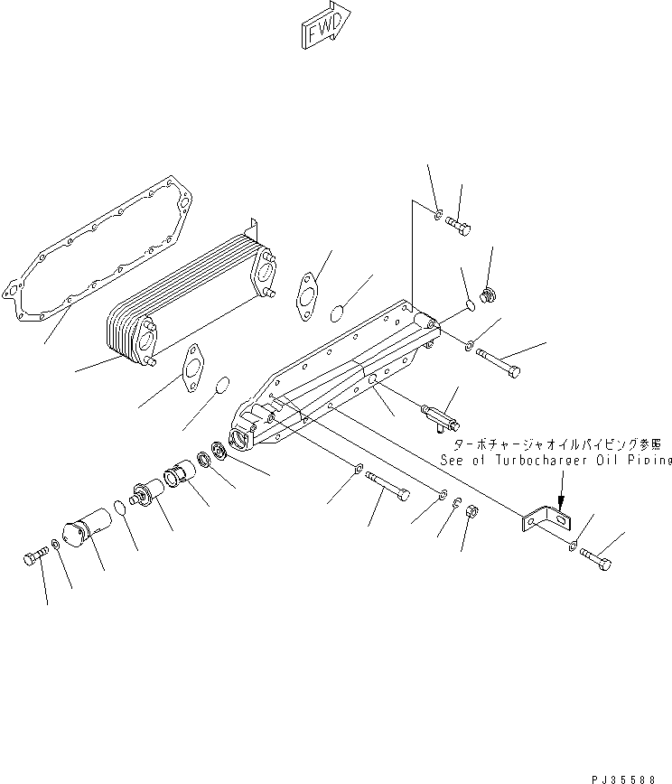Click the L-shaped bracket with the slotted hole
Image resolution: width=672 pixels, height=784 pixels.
coord(546,521)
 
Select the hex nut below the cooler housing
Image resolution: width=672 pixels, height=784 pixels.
coord(471,514)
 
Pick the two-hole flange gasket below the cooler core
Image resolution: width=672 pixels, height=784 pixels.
coord(196,370)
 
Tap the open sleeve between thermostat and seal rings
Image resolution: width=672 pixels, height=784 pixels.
coord(181,476)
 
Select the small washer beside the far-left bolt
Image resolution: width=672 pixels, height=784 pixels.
coord(57,544)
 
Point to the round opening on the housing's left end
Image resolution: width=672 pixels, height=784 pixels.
coord(245,440)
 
